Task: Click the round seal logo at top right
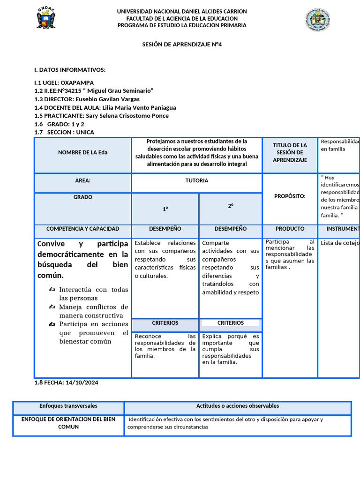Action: click(x=318, y=20)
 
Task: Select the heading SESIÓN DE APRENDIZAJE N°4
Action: click(x=182, y=45)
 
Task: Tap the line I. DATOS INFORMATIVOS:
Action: click(x=70, y=70)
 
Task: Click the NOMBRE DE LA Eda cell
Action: click(x=82, y=152)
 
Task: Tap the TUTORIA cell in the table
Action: click(x=197, y=180)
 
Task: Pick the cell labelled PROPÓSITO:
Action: click(x=290, y=196)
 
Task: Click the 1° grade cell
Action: click(x=165, y=209)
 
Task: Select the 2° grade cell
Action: click(x=231, y=206)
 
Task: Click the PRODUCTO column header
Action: click(x=290, y=229)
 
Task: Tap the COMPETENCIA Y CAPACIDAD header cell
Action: click(x=82, y=229)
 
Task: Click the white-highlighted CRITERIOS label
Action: click(x=231, y=323)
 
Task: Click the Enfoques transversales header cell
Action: click(x=68, y=406)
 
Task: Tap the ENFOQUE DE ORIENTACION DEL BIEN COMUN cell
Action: click(x=68, y=423)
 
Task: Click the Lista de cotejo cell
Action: click(x=339, y=243)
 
